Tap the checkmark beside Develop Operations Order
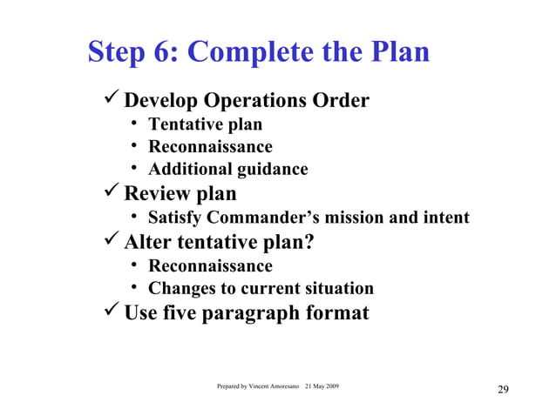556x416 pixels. (x=111, y=100)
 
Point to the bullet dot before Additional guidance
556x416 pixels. (x=136, y=170)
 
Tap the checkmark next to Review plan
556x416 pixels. (x=111, y=191)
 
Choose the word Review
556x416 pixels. (x=158, y=192)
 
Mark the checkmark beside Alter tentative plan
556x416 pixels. (x=111, y=240)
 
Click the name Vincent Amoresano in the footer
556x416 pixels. (x=271, y=386)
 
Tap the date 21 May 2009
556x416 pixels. (x=322, y=386)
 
